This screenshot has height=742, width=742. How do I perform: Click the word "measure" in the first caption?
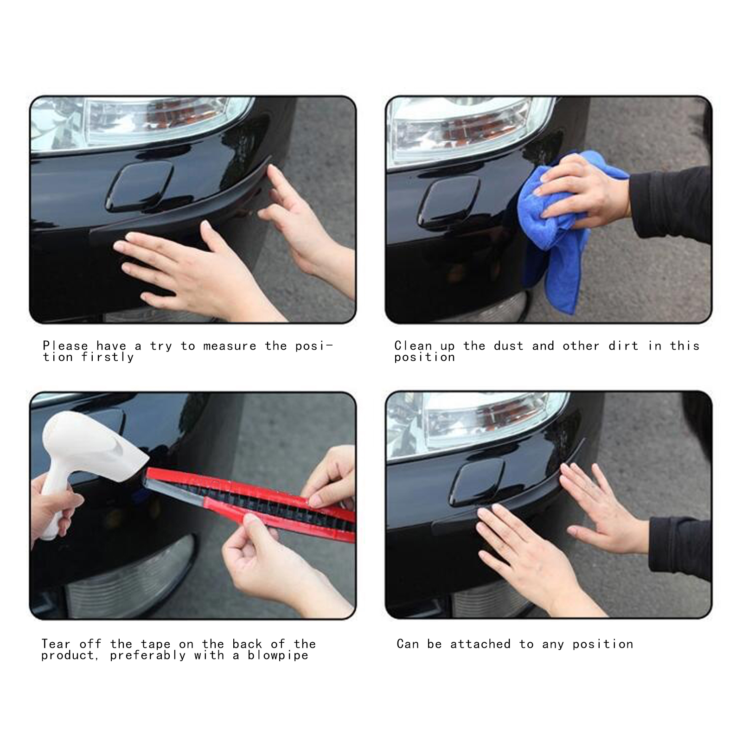(230, 346)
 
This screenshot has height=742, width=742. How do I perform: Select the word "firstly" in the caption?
(108, 357)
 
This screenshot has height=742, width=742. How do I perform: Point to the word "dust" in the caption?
(509, 346)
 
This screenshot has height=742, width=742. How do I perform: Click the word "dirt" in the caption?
(624, 346)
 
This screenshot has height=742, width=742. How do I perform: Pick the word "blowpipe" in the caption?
(278, 655)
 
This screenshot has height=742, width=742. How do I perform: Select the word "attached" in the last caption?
(480, 644)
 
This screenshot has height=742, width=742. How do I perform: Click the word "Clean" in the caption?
(413, 346)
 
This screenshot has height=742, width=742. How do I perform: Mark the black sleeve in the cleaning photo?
(670, 204)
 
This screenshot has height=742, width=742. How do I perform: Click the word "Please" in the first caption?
(65, 346)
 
